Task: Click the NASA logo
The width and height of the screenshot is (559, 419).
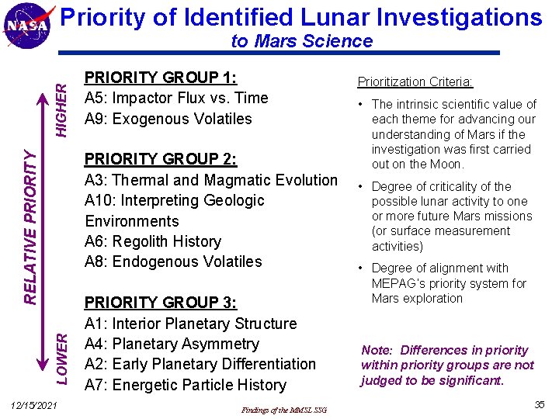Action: pyautogui.click(x=29, y=26)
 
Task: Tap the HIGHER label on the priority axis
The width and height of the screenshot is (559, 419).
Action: pyautogui.click(x=67, y=100)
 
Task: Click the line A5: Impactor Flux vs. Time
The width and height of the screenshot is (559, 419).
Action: pyautogui.click(x=176, y=98)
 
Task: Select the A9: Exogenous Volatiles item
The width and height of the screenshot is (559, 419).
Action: pyautogui.click(x=168, y=119)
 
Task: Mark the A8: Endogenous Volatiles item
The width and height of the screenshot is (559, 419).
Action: pyautogui.click(x=174, y=261)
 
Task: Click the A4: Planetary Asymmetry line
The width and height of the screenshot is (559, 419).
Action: pyautogui.click(x=172, y=344)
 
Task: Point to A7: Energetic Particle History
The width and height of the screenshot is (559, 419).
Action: pyautogui.click(x=186, y=385)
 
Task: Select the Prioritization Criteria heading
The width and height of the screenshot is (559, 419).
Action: pyautogui.click(x=415, y=82)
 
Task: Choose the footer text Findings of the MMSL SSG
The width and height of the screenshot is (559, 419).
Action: pyautogui.click(x=284, y=410)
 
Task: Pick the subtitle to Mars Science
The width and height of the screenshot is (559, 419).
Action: pyautogui.click(x=302, y=41)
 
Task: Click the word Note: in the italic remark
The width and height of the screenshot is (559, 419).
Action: pyautogui.click(x=378, y=351)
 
